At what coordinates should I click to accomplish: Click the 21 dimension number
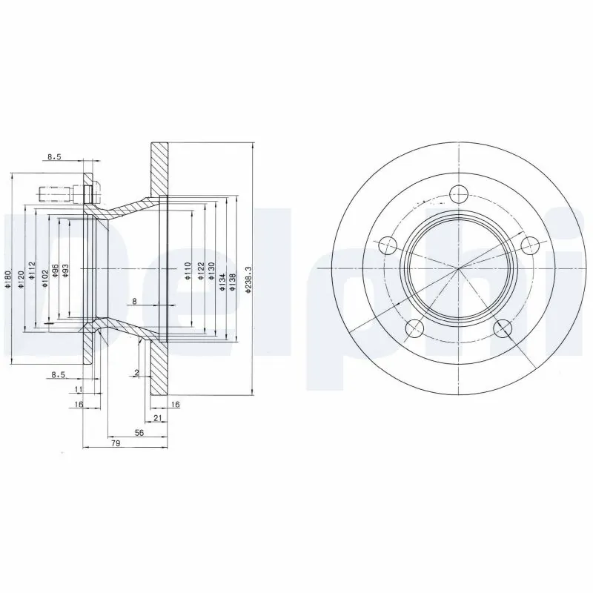pyautogui.click(x=156, y=419)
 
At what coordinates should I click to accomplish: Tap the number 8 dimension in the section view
pyautogui.click(x=134, y=301)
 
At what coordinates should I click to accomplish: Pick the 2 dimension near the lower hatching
pyautogui.click(x=138, y=372)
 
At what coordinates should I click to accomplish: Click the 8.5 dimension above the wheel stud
pyautogui.click(x=55, y=157)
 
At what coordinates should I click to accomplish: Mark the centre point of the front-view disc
pyautogui.click(x=459, y=268)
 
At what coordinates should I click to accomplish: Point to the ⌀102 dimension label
pyautogui.click(x=45, y=271)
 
